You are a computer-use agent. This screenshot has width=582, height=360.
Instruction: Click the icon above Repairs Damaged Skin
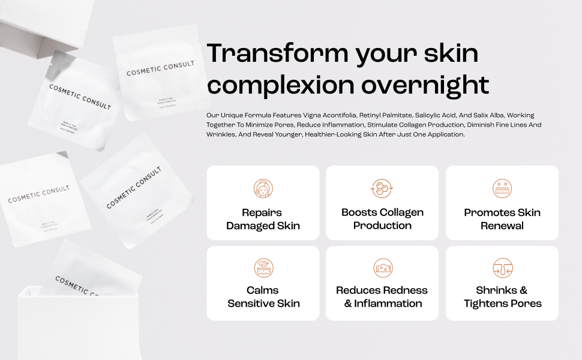tap(263, 188)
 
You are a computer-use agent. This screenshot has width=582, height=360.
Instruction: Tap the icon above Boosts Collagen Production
tap(382, 188)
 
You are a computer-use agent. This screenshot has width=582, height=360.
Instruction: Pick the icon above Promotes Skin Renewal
tap(502, 188)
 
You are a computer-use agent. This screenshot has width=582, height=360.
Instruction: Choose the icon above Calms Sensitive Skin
tap(263, 268)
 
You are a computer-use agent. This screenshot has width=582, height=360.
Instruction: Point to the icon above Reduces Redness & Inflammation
tap(382, 268)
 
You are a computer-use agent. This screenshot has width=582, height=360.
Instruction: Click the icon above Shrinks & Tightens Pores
tap(502, 268)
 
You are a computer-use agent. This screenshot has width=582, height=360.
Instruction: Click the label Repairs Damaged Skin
tap(263, 219)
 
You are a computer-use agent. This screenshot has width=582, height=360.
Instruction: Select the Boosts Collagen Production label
tap(382, 219)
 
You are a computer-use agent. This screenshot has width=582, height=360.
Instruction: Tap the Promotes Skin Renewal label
tap(502, 219)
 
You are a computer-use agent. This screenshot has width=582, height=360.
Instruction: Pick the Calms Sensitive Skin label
tap(263, 297)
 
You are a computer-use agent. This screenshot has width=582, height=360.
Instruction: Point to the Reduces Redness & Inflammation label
tap(382, 297)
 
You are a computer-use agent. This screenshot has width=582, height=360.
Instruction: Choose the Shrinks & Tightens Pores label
tap(502, 297)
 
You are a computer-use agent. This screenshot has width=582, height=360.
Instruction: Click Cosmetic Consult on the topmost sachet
tap(160, 70)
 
